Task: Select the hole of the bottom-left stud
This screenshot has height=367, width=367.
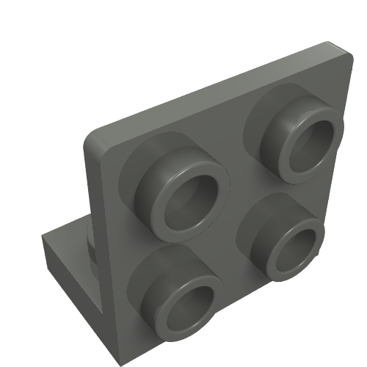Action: pos(192,307)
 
